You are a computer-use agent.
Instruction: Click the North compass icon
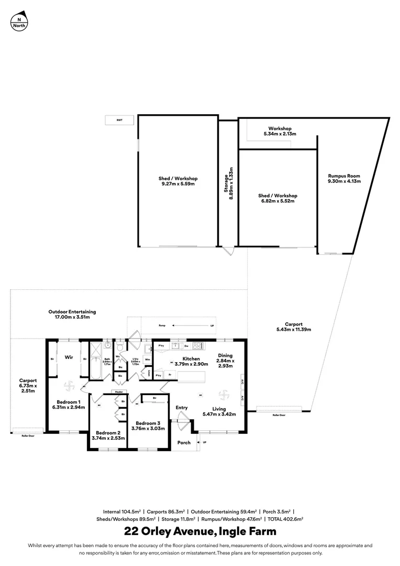19,21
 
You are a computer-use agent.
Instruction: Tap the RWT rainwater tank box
119,121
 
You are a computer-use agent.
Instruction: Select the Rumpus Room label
343,179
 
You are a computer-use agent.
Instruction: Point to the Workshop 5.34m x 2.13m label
280,131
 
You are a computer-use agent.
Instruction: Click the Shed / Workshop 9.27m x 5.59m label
178,181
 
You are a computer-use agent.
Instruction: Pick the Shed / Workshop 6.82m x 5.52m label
277,198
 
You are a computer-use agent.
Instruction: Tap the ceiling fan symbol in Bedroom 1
70,386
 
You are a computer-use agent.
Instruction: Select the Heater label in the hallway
118,391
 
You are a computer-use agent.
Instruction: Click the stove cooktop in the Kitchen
198,346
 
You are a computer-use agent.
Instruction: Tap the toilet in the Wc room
120,347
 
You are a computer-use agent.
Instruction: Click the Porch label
184,443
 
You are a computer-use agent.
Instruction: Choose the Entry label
181,408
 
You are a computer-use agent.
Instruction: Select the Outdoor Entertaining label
73,314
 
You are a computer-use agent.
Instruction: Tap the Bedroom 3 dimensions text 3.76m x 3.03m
150,428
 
